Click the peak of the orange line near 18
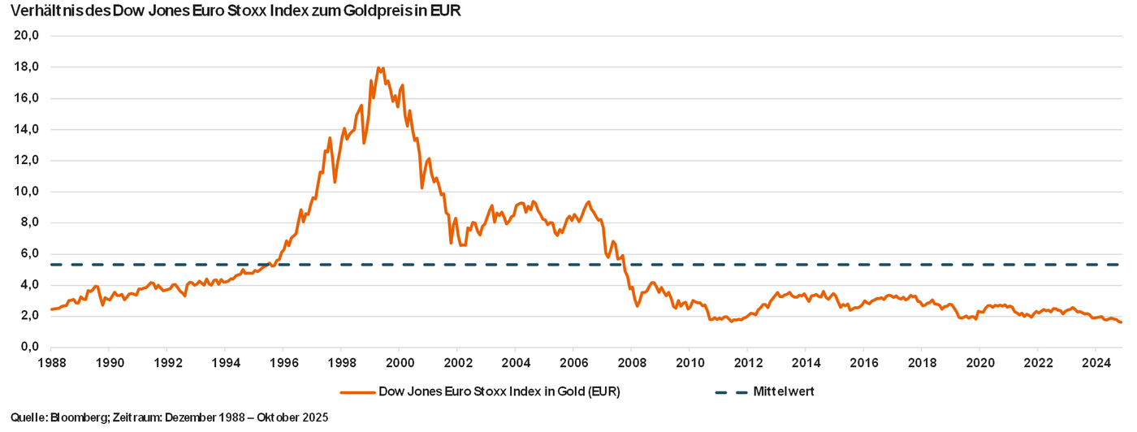tap(379, 67)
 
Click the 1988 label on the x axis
tap(51, 362)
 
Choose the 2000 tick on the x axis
tap(400, 362)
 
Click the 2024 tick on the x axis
tap(1096, 362)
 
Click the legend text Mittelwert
tap(784, 391)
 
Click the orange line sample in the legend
tap(357, 391)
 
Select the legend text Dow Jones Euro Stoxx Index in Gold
tap(499, 391)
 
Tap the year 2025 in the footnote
tap(314, 417)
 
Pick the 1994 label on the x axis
tap(226, 362)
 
